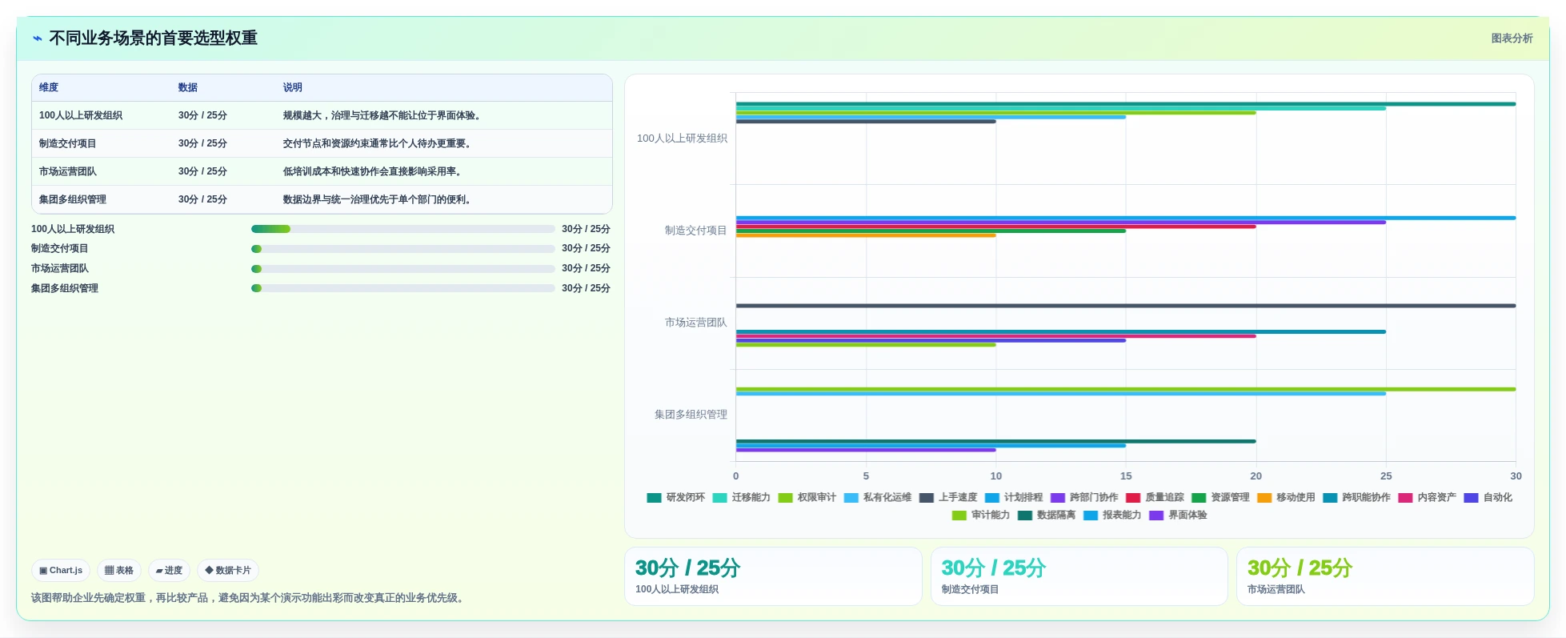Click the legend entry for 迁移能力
point(741,497)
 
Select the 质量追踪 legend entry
point(1155,497)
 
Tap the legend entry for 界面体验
point(1178,515)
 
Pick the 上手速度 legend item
point(948,497)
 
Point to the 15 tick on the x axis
point(1126,475)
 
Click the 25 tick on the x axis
point(1386,475)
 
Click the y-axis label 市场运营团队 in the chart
point(695,323)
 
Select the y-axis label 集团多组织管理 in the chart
point(691,415)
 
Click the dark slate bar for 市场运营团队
point(1126,306)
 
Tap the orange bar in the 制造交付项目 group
point(866,235)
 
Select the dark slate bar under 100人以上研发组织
point(866,122)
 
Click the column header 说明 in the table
point(292,87)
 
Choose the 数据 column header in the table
point(188,87)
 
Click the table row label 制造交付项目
point(68,143)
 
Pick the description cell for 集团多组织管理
point(376,199)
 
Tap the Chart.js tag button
point(61,571)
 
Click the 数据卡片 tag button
point(228,571)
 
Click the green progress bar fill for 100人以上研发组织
point(270,229)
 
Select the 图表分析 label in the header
point(1512,38)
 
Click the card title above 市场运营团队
point(1300,568)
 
